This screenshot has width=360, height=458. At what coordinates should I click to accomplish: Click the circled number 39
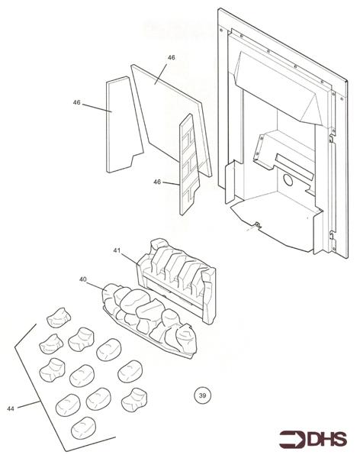tap(202, 395)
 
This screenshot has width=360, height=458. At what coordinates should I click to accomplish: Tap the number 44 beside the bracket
tap(11, 409)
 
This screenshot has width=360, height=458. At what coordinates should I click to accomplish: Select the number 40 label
tap(83, 279)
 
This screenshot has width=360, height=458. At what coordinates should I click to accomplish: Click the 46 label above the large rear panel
tap(171, 58)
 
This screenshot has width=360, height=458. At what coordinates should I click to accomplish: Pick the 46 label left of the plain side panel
tap(77, 102)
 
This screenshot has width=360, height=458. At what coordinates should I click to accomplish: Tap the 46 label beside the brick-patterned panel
tap(157, 182)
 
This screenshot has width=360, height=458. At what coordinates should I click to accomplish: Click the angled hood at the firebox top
tap(278, 84)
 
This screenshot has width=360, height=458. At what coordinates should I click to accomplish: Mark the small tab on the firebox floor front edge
tap(257, 224)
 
